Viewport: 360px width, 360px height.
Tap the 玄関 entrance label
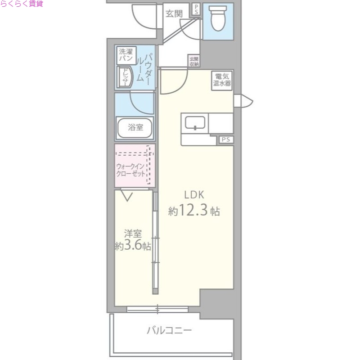[174, 13]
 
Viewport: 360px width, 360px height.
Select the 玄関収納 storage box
[193, 61]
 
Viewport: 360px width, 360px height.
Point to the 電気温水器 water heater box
[222, 80]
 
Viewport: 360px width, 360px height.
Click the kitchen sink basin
[195, 122]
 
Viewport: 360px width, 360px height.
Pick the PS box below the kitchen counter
[226, 139]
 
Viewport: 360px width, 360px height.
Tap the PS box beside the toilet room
[196, 9]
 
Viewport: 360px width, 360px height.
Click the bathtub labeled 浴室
[135, 127]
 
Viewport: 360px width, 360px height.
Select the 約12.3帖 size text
[194, 211]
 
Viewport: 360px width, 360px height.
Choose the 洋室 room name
[133, 234]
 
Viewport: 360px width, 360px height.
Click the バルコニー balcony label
[170, 331]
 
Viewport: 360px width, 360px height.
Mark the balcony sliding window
[157, 309]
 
